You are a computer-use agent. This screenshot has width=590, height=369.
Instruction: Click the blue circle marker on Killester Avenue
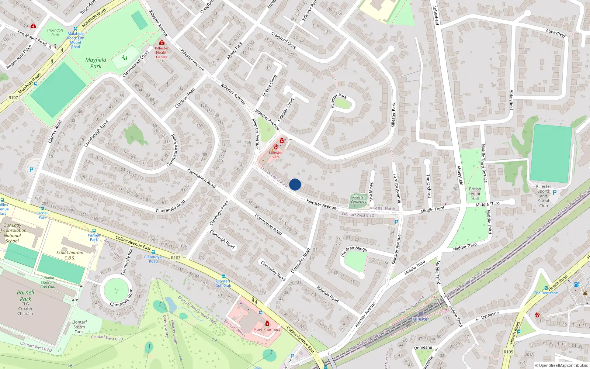point(295,184)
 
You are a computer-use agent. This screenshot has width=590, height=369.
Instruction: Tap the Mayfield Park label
point(96,63)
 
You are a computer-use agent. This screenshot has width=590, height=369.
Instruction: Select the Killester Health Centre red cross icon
point(162,43)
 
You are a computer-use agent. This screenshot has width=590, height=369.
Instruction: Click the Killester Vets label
point(276,155)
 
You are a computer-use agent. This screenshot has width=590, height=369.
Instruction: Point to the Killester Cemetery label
point(359,199)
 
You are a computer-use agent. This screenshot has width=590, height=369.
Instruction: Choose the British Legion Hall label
point(475,194)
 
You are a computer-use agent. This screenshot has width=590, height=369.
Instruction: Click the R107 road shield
point(13,98)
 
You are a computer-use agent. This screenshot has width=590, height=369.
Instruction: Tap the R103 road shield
point(176,258)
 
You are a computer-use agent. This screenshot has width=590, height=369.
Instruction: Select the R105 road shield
point(508,352)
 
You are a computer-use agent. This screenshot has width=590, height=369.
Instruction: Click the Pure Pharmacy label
point(267,330)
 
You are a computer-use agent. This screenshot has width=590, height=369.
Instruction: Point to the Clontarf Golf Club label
point(223,283)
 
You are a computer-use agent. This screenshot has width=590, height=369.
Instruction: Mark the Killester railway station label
point(421,319)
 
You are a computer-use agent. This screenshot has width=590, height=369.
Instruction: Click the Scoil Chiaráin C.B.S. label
point(70,255)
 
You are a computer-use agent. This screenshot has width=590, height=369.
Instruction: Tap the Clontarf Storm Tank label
point(79,327)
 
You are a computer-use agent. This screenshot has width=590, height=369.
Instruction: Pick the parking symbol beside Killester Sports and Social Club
point(555,193)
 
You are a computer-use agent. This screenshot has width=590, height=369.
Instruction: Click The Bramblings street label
point(354,251)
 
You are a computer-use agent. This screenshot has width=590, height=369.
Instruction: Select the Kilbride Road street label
point(327,294)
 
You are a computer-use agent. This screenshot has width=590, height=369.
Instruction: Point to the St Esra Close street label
point(270,86)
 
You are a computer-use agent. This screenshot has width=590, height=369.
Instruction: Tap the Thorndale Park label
point(55,32)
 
